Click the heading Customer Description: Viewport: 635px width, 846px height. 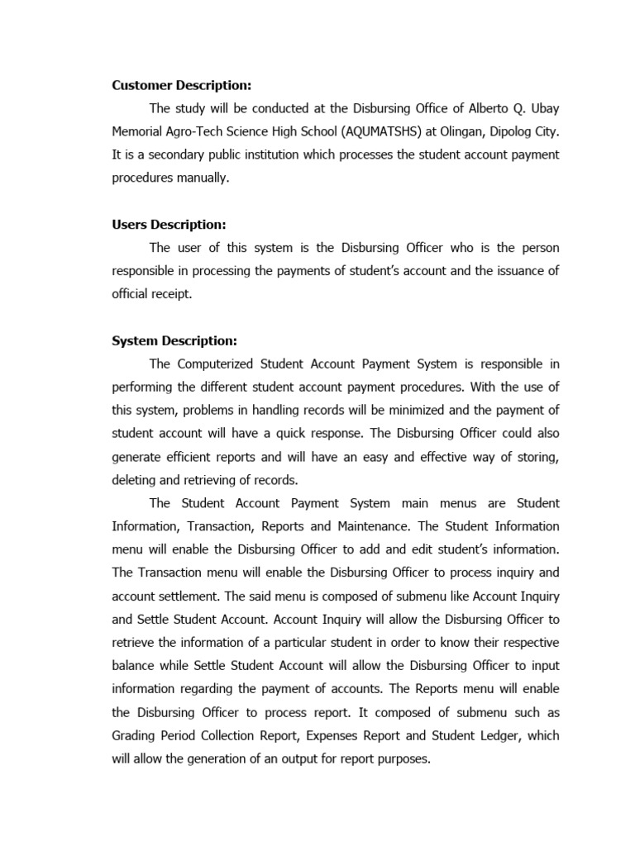tap(182, 85)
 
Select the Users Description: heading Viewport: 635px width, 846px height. tap(169, 225)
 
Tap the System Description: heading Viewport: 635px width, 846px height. tap(174, 340)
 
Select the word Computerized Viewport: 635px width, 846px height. tap(218, 364)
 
